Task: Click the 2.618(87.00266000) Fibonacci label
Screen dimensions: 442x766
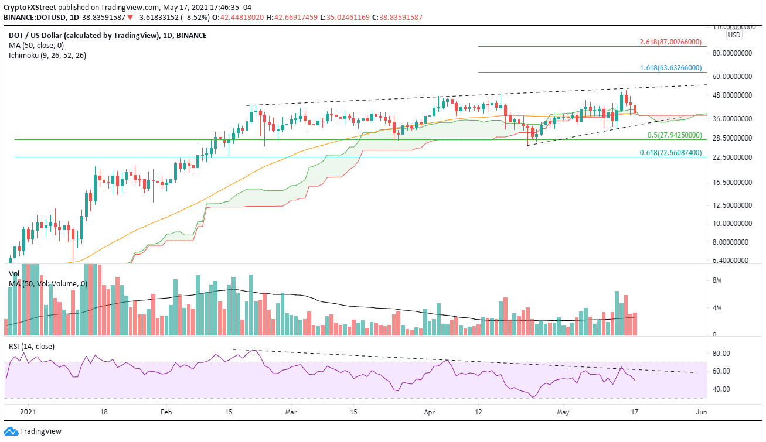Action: [x=670, y=42]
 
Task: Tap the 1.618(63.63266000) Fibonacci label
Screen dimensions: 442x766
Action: [x=670, y=68]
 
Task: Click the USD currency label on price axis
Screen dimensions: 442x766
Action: [x=734, y=35]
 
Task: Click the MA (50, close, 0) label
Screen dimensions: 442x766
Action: [x=33, y=46]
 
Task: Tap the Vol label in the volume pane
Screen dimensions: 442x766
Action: [x=14, y=273]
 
